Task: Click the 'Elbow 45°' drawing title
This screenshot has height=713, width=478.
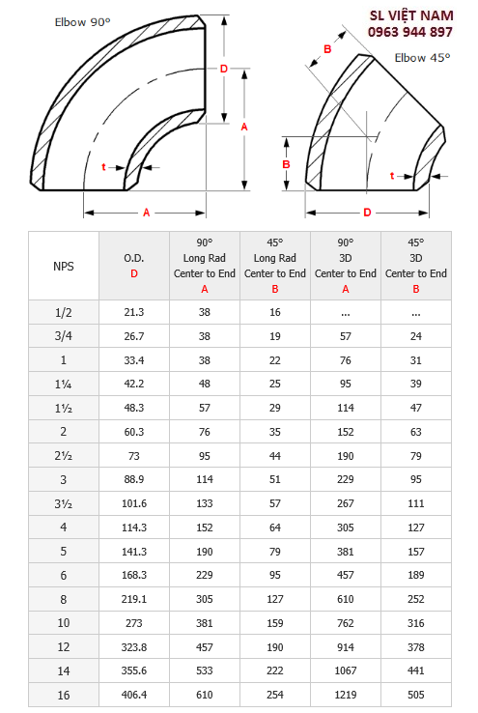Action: [x=422, y=58]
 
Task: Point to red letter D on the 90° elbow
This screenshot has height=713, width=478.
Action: [x=223, y=69]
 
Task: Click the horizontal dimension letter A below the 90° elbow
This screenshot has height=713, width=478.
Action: [x=146, y=212]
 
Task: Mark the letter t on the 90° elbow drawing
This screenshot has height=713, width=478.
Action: [x=103, y=167]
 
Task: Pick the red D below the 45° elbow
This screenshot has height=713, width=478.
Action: [x=367, y=212]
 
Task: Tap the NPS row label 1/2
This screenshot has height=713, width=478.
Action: [x=64, y=312]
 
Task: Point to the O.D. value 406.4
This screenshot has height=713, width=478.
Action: [x=133, y=693]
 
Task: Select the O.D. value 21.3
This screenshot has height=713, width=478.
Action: [x=133, y=312]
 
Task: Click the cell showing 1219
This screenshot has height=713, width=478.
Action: [x=346, y=693]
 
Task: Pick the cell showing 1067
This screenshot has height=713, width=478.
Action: [x=346, y=670]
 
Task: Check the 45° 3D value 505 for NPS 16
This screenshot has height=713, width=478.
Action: [x=416, y=693]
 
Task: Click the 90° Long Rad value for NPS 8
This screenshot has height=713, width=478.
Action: [x=204, y=599]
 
